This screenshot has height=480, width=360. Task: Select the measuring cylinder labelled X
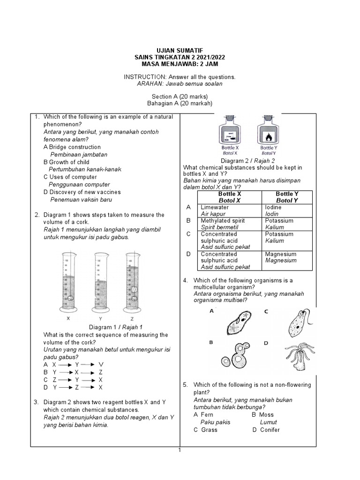point(68,281)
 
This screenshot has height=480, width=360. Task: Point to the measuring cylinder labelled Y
point(100,281)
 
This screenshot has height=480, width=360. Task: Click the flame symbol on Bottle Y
point(268,138)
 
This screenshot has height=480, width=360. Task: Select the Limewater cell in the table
point(215,207)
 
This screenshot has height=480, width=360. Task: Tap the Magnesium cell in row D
point(281,254)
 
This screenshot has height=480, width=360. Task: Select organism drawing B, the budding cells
point(241,359)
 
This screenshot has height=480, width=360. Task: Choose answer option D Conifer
point(266,429)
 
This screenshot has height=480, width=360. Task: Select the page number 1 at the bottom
point(179,450)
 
